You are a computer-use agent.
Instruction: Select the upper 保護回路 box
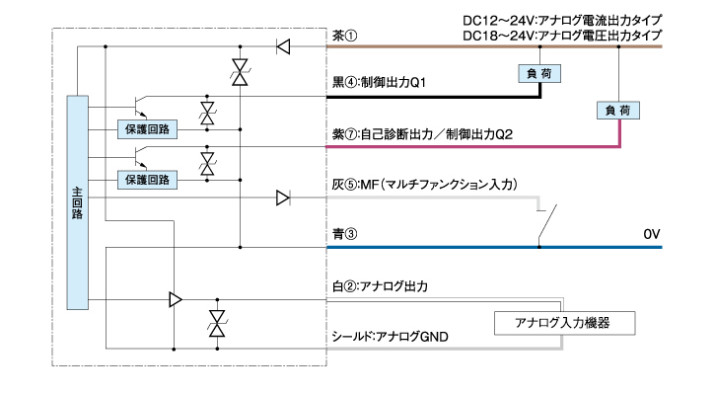pyautogui.click(x=146, y=129)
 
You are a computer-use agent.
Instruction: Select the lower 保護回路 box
pyautogui.click(x=146, y=180)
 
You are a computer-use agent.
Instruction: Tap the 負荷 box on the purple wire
pyautogui.click(x=615, y=111)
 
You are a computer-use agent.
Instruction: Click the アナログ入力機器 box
pyautogui.click(x=562, y=323)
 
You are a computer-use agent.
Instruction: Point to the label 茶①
pyautogui.click(x=345, y=36)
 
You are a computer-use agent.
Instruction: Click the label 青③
pyautogui.click(x=345, y=235)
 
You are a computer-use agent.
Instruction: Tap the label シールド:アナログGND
pyautogui.click(x=391, y=337)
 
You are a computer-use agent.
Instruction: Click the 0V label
pyautogui.click(x=652, y=235)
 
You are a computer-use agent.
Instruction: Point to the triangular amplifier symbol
pyautogui.click(x=176, y=299)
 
